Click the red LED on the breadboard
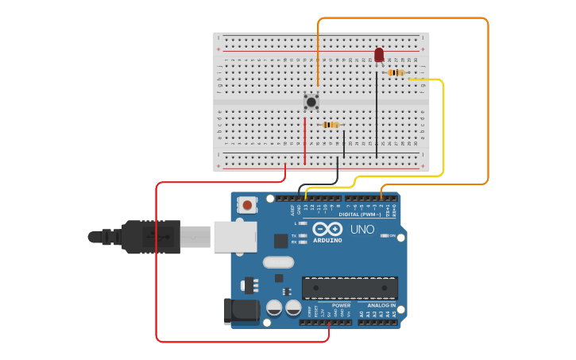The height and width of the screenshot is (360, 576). [379, 54]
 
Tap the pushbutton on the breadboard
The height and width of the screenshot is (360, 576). [311, 101]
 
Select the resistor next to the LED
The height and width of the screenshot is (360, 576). [396, 73]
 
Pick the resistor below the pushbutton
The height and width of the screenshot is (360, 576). [331, 125]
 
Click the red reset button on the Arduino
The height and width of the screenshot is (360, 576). [248, 205]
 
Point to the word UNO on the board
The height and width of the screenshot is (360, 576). [362, 229]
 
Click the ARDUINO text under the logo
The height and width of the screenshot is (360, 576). [327, 240]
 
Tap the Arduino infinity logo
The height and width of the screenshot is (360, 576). [327, 229]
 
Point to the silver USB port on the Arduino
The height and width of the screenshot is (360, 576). [235, 236]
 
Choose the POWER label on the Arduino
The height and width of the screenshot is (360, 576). [342, 305]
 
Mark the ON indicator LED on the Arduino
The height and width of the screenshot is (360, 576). [384, 236]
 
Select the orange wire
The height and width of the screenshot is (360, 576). [488, 103]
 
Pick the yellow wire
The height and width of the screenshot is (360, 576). [443, 127]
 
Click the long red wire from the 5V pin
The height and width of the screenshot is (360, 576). [157, 262]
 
